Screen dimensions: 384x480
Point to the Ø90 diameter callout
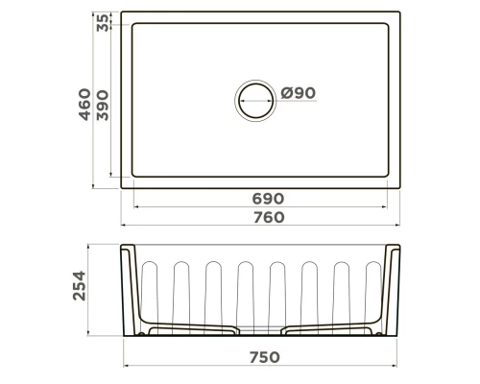pos(299,94)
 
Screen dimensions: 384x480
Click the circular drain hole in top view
pos(254,99)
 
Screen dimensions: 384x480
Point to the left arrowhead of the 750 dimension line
pos(127,366)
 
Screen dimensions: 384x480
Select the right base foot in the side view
pos(332,331)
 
